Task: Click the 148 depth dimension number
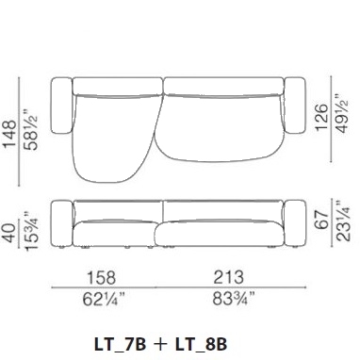9,134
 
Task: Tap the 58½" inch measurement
31,130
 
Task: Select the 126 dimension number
321,117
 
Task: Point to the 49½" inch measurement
343,113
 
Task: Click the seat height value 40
9,233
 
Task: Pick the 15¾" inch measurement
31,231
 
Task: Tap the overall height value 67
321,221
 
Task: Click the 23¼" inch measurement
343,221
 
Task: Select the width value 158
101,278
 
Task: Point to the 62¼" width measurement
104,299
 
